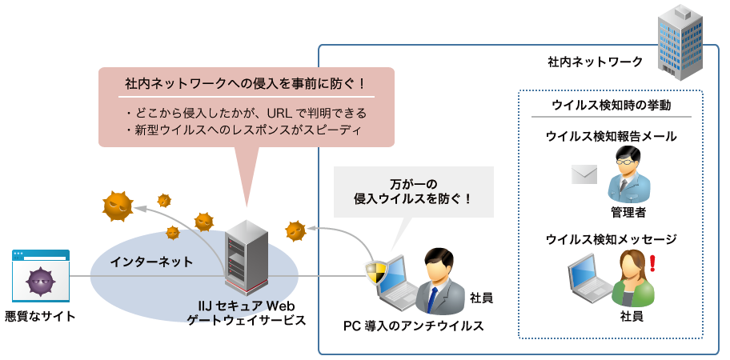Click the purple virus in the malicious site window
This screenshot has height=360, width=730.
coord(40,282)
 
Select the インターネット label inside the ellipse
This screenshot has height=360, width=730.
coord(151,262)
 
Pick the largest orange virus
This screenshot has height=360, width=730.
coord(118,206)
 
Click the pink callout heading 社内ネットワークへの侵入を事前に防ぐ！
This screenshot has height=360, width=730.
coord(245,84)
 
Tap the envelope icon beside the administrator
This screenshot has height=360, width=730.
coord(585,174)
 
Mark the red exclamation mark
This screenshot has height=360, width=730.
coord(652,262)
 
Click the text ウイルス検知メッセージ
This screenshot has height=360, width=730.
coord(612,238)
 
